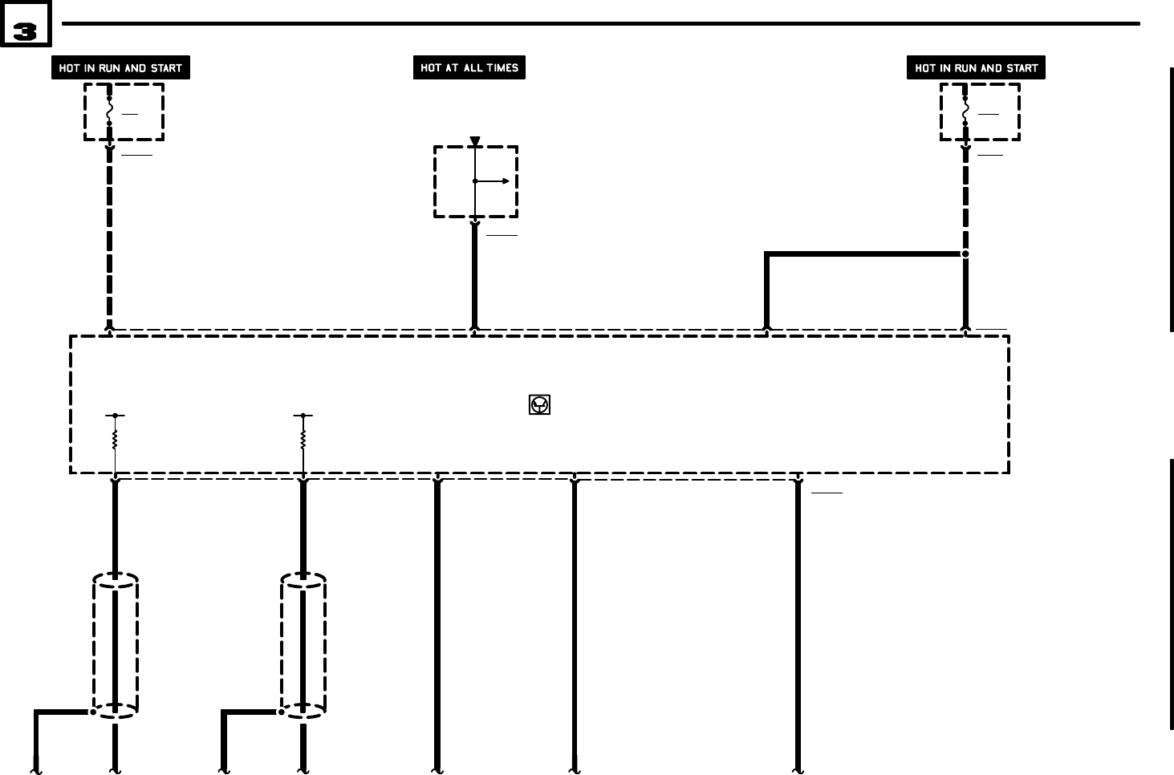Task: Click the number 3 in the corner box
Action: coord(25,30)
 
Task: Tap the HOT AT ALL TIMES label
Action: coord(469,68)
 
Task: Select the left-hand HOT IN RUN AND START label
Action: coord(120,68)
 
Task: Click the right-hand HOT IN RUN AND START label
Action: coord(976,68)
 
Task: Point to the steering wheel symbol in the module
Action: coord(539,404)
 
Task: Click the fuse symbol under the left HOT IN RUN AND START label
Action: coord(110,111)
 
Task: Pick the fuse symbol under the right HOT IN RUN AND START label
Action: coord(965,111)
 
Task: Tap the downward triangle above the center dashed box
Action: coord(475,141)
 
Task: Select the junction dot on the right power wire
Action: coord(965,254)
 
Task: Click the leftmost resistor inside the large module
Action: coord(115,439)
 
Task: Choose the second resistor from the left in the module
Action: coord(303,439)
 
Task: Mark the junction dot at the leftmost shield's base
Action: coord(93,712)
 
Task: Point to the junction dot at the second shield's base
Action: coord(281,712)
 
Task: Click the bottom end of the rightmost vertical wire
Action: coord(798,769)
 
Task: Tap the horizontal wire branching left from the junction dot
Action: coord(863,254)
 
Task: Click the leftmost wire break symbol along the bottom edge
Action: coord(36,770)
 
